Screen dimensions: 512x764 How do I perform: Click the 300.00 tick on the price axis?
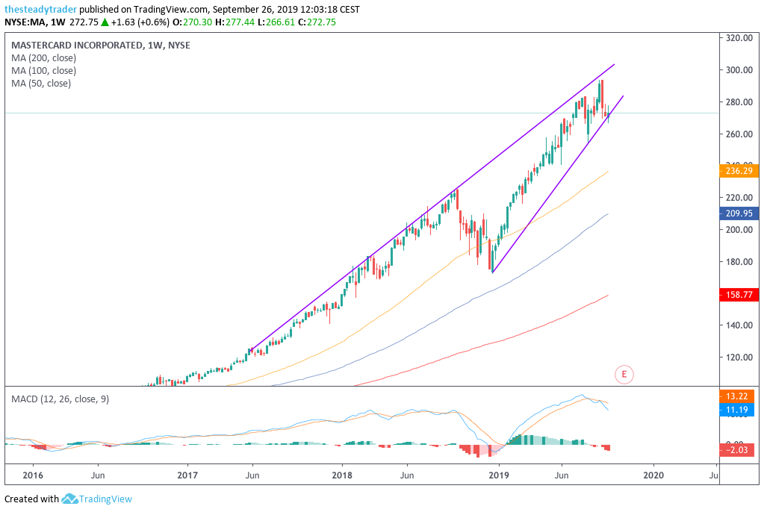[739, 70]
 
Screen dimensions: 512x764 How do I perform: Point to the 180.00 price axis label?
[739, 262]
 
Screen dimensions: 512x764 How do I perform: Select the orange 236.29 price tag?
[739, 171]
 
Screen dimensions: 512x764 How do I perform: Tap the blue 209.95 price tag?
[739, 213]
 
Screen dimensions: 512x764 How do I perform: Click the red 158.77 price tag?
[739, 295]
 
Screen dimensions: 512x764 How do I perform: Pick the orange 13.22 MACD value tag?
[739, 396]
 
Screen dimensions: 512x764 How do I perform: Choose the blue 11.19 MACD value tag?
[739, 410]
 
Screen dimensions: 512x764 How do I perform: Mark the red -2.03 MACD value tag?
[739, 448]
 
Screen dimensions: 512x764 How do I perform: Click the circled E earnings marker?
[624, 373]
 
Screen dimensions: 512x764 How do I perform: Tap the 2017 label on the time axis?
[187, 475]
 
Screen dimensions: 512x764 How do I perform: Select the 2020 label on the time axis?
[653, 475]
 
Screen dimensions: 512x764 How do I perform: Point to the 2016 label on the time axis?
[33, 475]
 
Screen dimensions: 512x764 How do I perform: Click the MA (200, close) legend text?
[43, 58]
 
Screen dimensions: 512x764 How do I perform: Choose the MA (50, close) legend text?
[41, 84]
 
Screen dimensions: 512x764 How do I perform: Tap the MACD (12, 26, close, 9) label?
[60, 399]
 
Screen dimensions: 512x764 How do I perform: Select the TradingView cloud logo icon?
[70, 499]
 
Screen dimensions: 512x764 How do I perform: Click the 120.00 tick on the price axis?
[739, 358]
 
